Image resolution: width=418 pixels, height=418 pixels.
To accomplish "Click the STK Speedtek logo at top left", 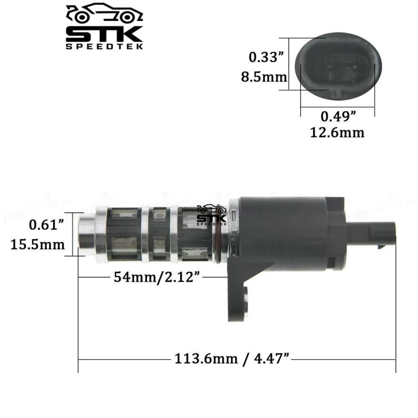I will click(x=104, y=27).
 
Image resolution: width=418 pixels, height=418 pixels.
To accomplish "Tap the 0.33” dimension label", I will click(x=265, y=57).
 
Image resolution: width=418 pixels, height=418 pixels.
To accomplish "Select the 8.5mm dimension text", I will click(x=264, y=77).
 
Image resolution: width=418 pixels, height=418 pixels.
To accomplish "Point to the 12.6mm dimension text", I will click(x=337, y=133).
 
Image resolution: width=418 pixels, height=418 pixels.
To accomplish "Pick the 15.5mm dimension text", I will click(x=38, y=244).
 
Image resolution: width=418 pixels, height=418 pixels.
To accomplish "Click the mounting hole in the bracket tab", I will click(x=246, y=294).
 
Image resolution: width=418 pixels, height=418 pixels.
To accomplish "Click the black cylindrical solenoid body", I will click(x=283, y=232).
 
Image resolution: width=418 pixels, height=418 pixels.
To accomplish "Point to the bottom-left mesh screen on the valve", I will click(x=124, y=247).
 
